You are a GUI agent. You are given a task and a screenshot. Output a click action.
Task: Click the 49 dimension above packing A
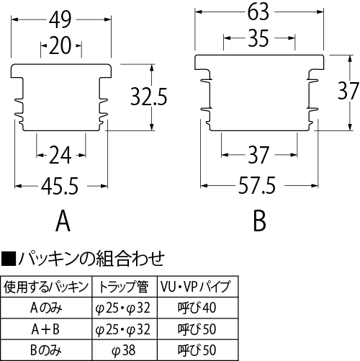[60, 19]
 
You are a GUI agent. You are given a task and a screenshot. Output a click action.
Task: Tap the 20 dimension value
[60, 45]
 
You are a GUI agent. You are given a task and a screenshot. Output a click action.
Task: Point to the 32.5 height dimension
[148, 97]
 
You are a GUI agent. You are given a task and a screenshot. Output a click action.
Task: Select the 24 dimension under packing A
[60, 155]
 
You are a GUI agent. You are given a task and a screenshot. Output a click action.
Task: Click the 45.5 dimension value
[60, 186]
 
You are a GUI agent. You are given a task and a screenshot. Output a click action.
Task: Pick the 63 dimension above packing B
[258, 12]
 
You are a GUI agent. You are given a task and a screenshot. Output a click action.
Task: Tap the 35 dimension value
[258, 38]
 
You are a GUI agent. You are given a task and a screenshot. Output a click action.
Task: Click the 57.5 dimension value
[257, 185]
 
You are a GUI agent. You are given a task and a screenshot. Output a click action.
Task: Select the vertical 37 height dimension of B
[348, 91]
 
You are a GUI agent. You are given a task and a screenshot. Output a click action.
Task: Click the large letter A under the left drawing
[63, 221]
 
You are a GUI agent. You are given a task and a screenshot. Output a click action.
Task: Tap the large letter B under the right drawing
[260, 221]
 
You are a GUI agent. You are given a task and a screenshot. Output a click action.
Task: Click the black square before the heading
[9, 259]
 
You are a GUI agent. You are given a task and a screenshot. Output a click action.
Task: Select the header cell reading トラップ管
[124, 287]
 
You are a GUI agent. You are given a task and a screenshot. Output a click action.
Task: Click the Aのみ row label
[46, 308]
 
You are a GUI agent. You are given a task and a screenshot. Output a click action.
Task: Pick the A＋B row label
[45, 329]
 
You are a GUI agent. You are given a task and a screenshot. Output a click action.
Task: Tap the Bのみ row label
[46, 350]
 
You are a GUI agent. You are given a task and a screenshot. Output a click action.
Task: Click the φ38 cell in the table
[124, 350]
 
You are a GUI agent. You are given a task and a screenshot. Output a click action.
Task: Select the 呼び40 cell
[197, 308]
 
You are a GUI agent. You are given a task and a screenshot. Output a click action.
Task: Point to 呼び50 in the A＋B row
[197, 329]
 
